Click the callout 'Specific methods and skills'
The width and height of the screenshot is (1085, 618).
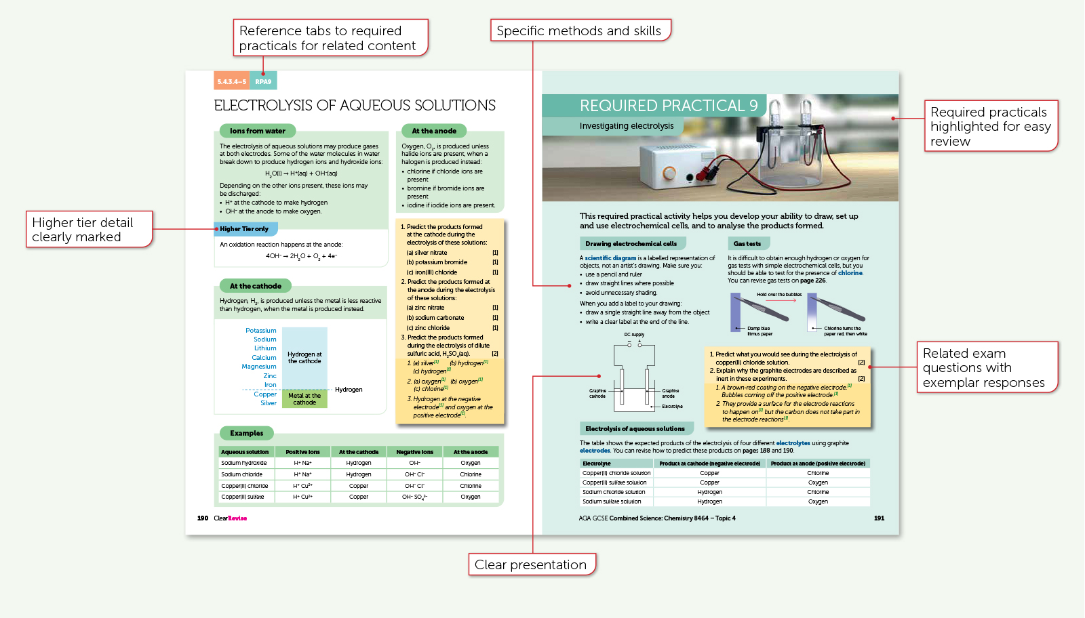tap(579, 30)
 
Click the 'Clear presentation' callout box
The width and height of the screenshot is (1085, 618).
tap(530, 564)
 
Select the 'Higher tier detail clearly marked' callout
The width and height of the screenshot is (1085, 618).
tap(88, 229)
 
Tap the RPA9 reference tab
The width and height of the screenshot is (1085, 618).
tap(263, 81)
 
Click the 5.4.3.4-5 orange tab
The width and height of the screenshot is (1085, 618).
tap(231, 81)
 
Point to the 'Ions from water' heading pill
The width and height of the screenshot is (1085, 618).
tap(257, 131)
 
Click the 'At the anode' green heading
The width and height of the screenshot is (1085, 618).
tap(434, 131)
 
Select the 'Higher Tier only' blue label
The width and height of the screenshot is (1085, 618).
tap(244, 229)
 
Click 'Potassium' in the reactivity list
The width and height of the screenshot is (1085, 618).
tap(260, 331)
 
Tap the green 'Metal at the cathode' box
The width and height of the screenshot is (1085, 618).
tap(304, 399)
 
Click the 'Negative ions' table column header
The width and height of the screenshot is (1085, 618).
tap(414, 452)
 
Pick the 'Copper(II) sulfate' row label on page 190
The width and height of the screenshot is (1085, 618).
tap(242, 497)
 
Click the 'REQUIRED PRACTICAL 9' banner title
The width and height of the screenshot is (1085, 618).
tap(668, 106)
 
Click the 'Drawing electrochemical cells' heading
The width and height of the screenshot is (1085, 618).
tap(631, 243)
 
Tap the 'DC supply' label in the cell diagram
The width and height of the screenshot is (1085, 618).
tap(634, 335)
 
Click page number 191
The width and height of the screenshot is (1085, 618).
tap(879, 518)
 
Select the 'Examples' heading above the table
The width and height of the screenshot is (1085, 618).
tap(246, 433)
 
